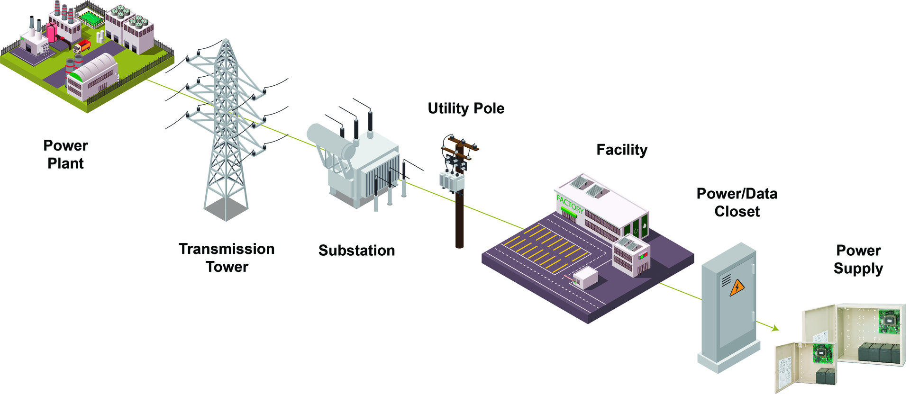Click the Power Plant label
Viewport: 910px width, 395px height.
coord(65,154)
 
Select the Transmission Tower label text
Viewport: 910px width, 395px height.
coord(227,258)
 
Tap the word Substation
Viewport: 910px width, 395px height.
coord(356,251)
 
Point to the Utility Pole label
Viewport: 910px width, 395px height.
coord(466,108)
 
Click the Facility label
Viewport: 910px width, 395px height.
coord(621,150)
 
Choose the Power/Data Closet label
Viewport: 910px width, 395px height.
coord(737,202)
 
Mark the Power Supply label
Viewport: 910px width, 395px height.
coord(858,259)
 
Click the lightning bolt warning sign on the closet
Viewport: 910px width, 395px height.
coord(737,288)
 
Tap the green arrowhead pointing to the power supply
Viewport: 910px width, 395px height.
coord(775,328)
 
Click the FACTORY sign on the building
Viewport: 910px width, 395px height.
coord(570,205)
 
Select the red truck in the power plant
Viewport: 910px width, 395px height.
coord(82,46)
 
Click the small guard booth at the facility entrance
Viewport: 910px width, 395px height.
coord(586,278)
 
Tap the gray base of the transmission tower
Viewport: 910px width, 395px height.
coord(226,208)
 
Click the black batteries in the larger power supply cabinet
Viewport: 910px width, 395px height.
coord(878,353)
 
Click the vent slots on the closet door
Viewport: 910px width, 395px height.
coord(726,281)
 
